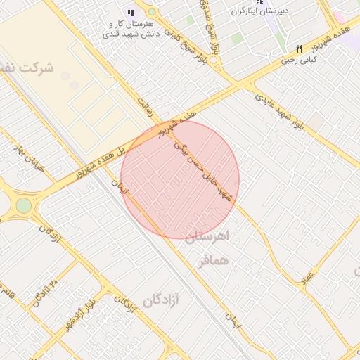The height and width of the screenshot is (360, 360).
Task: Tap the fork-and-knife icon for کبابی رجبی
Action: [x=299, y=49]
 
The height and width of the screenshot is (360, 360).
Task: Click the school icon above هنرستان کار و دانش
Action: [x=129, y=13]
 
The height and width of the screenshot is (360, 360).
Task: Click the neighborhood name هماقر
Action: [x=214, y=261]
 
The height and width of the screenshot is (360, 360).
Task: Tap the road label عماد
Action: [x=308, y=281]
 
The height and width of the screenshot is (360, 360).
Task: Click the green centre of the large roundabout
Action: [x=24, y=205]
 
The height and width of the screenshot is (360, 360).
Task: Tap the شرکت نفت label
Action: [x=28, y=69]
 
